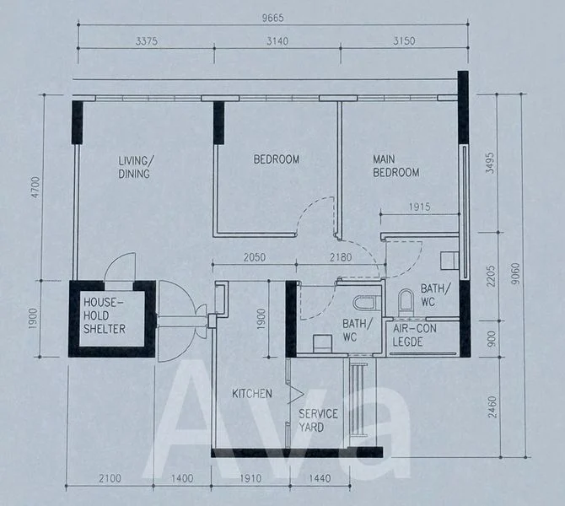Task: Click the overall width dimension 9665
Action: pyautogui.click(x=272, y=18)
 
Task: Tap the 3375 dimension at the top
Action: pyautogui.click(x=146, y=41)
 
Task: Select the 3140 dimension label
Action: pyautogui.click(x=277, y=41)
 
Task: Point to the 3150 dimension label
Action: pyautogui.click(x=404, y=40)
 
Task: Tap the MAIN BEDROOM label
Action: pyautogui.click(x=396, y=166)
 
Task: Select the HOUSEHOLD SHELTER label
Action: pyautogui.click(x=105, y=315)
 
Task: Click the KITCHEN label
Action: pyautogui.click(x=252, y=394)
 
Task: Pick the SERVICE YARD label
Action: pyautogui.click(x=318, y=420)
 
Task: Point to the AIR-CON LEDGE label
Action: pyautogui.click(x=414, y=335)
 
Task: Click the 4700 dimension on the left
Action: pyautogui.click(x=36, y=187)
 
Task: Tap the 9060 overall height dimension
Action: pyautogui.click(x=516, y=273)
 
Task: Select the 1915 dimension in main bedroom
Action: pyautogui.click(x=419, y=207)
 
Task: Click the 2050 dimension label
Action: pyautogui.click(x=255, y=257)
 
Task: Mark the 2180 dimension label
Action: pyautogui.click(x=341, y=257)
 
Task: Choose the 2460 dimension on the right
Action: pyautogui.click(x=492, y=407)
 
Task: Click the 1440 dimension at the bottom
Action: pyautogui.click(x=320, y=479)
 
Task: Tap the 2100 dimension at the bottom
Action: pyautogui.click(x=110, y=479)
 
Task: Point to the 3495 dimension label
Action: pyautogui.click(x=490, y=163)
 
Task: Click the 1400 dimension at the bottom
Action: pyautogui.click(x=182, y=479)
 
